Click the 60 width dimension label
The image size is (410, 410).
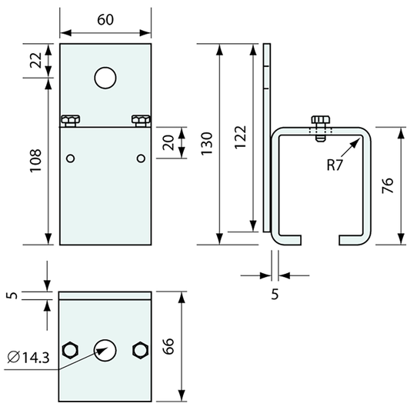[105, 19]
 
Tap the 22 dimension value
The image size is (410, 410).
[35, 61]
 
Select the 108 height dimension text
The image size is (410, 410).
[35, 161]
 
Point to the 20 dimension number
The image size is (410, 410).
[168, 143]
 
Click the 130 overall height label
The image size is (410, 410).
[207, 144]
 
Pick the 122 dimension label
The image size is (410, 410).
[240, 138]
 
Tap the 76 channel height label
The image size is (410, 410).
[388, 185]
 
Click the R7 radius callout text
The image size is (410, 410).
[335, 165]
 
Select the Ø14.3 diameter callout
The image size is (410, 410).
[28, 358]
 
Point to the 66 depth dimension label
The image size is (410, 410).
[168, 346]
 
